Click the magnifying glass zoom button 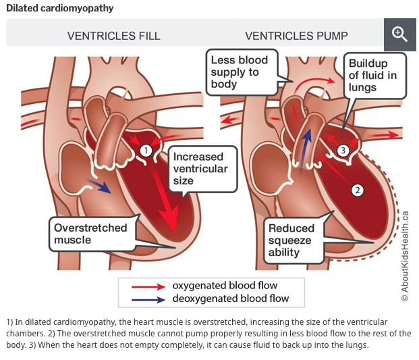pos(399,34)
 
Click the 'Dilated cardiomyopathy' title pos(60,8)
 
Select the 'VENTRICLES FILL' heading pos(113,36)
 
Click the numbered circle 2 pos(358,190)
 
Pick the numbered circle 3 pos(342,150)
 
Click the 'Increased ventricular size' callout pos(200,168)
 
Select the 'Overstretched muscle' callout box pos(90,234)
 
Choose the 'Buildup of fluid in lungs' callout pos(372,76)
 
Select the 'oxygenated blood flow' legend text pos(225,286)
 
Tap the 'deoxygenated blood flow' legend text pos(230,299)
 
